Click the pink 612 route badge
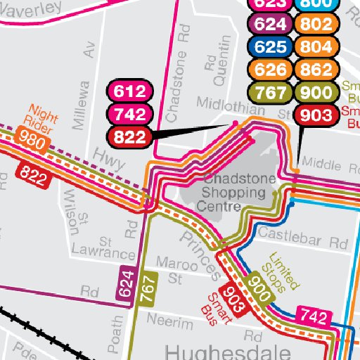click(x=129, y=91)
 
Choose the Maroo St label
click(x=176, y=271)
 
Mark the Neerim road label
click(x=169, y=323)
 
